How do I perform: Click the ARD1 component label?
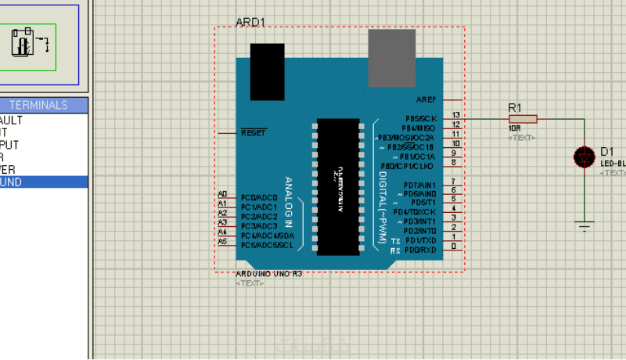(x=250, y=22)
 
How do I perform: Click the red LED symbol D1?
(x=585, y=157)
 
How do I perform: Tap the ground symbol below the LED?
(x=585, y=227)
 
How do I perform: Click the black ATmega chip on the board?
(x=339, y=187)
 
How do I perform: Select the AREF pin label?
(x=426, y=100)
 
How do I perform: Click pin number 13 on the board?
(x=455, y=115)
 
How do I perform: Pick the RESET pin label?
(x=254, y=133)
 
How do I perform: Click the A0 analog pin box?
(x=222, y=193)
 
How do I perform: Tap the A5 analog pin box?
(x=222, y=242)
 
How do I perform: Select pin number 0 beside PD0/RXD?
(x=454, y=247)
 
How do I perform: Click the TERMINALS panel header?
(x=38, y=105)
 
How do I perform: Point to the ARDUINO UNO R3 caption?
(x=268, y=275)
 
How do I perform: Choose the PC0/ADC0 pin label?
(x=259, y=197)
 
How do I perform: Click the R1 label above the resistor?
(x=515, y=106)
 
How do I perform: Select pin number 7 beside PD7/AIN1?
(x=454, y=182)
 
